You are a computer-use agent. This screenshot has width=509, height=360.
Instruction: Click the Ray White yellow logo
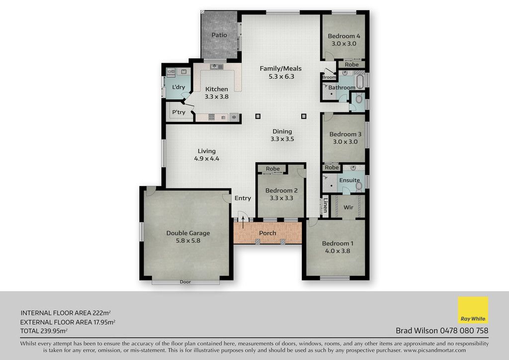473,310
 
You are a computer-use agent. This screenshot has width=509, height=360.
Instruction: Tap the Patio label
219,35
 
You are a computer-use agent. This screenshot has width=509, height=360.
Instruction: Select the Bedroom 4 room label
344,36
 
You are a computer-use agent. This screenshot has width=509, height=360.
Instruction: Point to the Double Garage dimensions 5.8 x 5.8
188,241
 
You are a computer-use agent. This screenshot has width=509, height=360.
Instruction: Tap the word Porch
267,233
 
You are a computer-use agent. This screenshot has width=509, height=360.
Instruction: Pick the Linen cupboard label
325,205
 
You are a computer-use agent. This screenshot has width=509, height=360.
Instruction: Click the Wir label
348,207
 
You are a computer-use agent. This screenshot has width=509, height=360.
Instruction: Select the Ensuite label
349,180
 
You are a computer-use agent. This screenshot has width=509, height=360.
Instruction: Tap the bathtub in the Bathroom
359,81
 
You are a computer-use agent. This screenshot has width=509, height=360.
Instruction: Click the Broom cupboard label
329,77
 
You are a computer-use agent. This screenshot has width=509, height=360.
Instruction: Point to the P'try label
178,112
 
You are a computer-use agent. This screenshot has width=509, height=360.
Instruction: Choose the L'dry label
178,87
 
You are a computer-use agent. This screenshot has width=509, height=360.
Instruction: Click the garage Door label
185,282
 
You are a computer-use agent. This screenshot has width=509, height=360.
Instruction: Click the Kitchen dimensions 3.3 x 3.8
217,96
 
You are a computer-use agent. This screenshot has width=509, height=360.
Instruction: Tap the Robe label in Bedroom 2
273,169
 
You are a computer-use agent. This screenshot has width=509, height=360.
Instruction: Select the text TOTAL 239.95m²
44,331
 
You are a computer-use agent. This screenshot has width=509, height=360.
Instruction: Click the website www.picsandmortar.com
434,350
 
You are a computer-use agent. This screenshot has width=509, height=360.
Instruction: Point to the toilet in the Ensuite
359,185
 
